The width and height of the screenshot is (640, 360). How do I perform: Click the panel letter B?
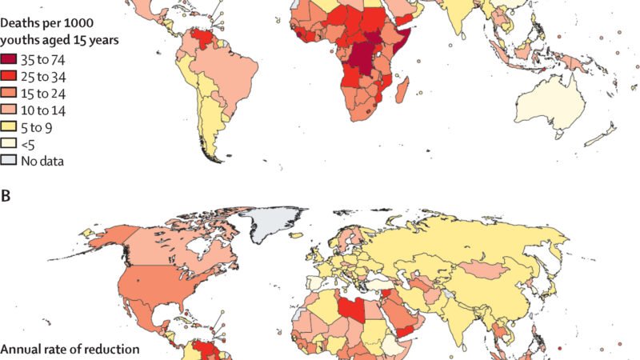(6, 194)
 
